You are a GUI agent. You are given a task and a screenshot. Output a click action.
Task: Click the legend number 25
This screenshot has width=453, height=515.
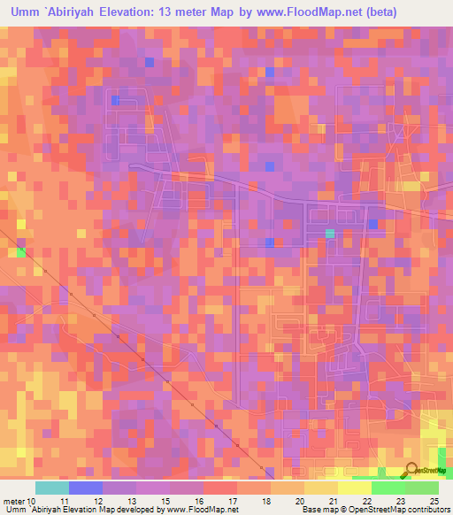[434, 501]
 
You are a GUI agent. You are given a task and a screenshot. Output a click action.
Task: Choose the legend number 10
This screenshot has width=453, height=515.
[33, 501]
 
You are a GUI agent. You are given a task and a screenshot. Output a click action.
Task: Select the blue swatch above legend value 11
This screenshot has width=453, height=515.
[86, 488]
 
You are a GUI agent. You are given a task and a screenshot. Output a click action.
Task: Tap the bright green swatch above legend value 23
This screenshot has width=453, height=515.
[388, 488]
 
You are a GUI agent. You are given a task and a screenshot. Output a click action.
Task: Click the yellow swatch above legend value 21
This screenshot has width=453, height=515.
[321, 488]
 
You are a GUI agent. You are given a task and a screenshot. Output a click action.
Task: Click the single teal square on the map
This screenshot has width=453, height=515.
[330, 234]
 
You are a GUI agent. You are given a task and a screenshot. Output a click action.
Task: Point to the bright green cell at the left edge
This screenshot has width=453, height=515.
[21, 253]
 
